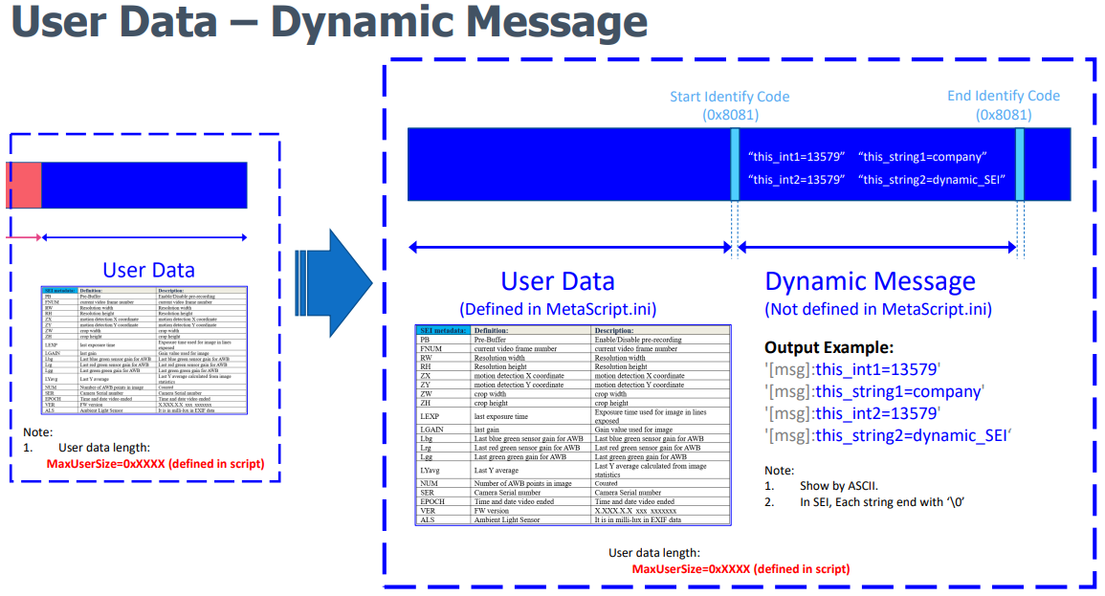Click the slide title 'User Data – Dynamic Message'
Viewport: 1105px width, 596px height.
(326, 23)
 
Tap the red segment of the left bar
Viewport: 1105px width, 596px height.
(24, 186)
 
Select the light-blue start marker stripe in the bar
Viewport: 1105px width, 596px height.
(735, 165)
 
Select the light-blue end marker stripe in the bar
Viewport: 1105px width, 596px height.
(1020, 165)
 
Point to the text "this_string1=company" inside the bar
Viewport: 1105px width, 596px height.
(922, 157)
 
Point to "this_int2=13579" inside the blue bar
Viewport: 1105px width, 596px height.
(796, 179)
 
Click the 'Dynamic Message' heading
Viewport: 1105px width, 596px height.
(870, 281)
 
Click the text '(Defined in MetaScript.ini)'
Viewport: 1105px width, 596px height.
(557, 309)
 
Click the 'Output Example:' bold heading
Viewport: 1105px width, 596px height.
(829, 347)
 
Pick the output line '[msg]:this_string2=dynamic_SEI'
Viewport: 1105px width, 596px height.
(888, 436)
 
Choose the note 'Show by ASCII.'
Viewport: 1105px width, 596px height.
(842, 486)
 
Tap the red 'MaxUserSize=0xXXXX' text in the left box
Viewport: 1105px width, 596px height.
(155, 464)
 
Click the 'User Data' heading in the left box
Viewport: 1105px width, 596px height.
(148, 271)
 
